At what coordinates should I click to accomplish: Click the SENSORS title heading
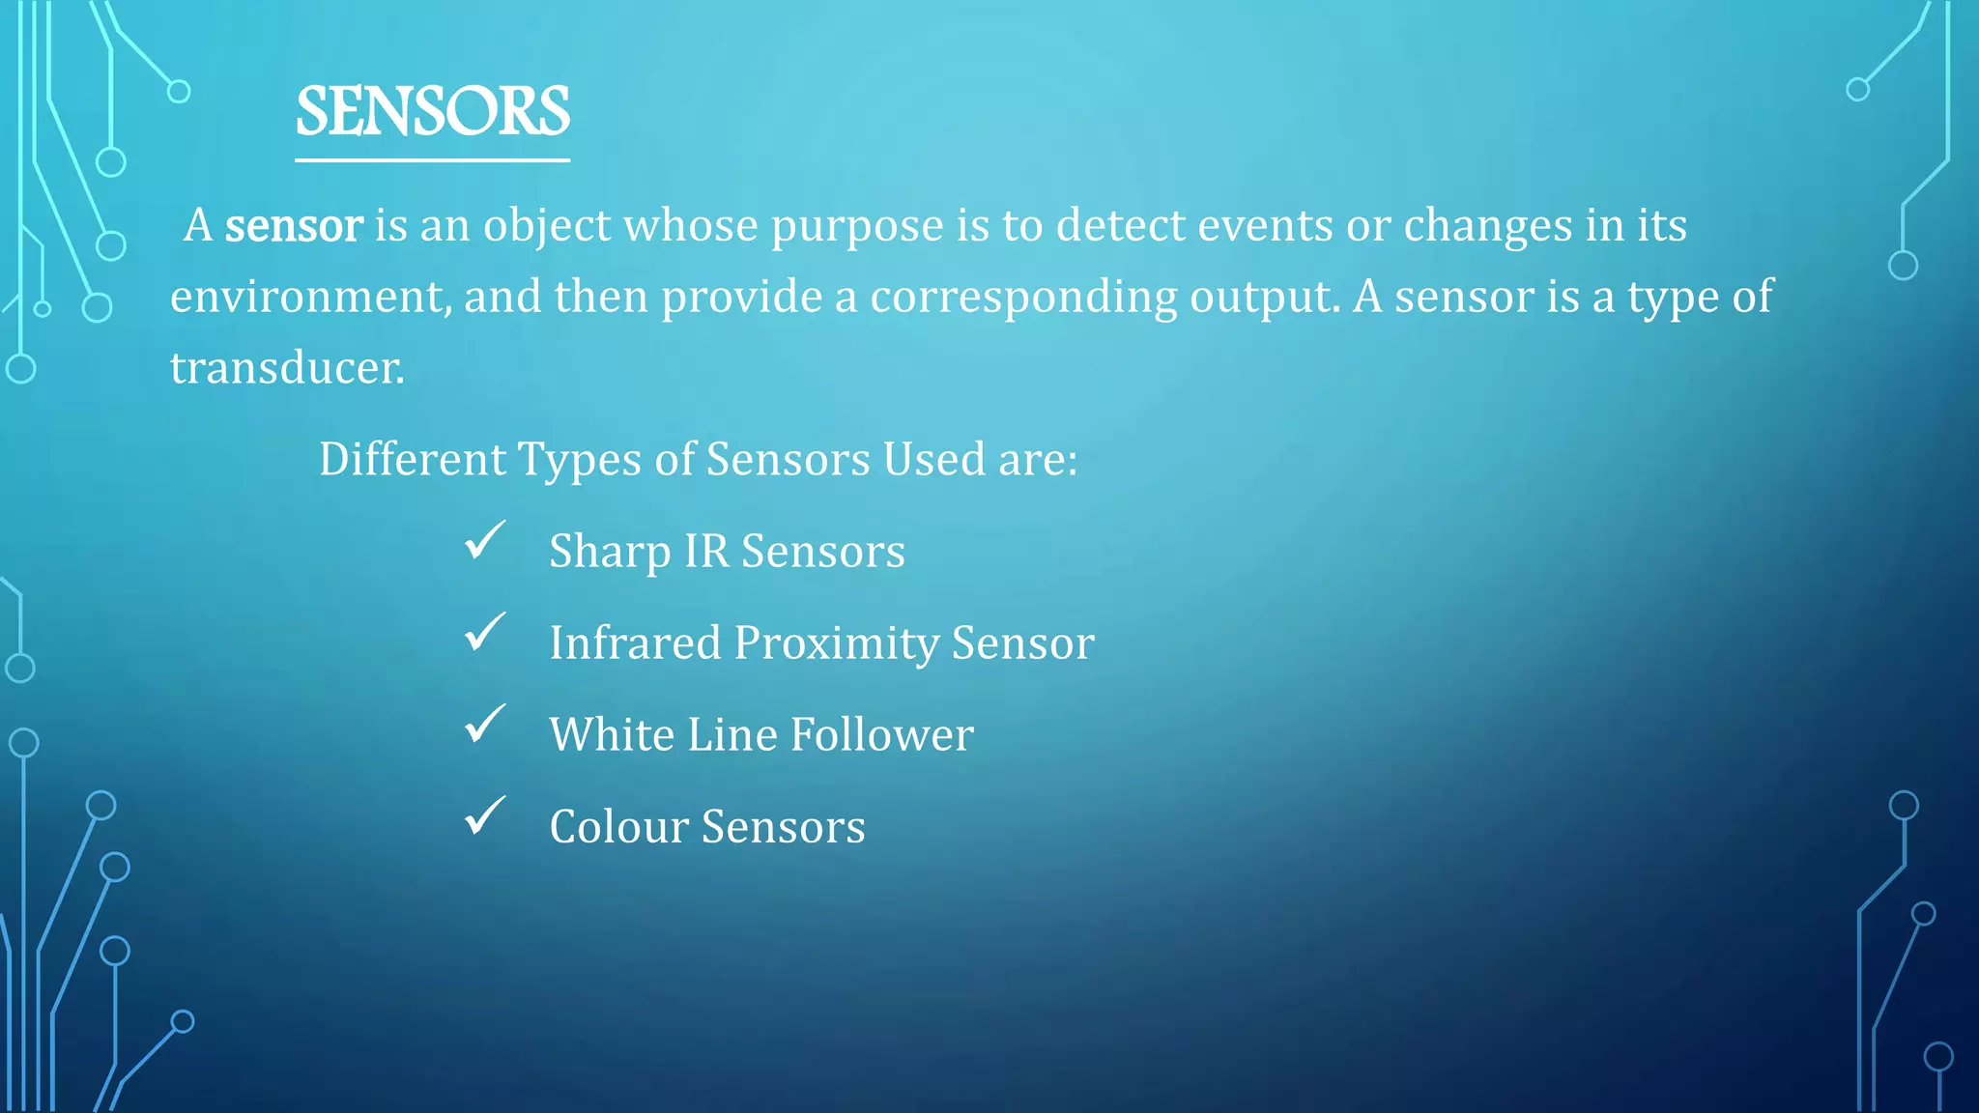tap(432, 112)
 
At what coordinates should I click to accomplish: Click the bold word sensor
tap(294, 226)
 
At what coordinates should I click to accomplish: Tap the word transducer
tap(287, 368)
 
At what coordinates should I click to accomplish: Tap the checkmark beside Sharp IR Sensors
tap(484, 541)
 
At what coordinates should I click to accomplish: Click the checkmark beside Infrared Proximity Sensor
tap(484, 633)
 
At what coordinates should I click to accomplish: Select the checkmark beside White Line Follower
tap(484, 725)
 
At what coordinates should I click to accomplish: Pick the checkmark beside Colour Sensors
tap(484, 816)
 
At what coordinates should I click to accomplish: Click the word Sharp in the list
tap(610, 552)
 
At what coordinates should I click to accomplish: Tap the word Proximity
tap(836, 644)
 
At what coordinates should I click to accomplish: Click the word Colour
tap(618, 827)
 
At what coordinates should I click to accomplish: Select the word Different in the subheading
tap(413, 459)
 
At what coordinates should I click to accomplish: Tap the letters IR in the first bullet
tap(705, 552)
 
